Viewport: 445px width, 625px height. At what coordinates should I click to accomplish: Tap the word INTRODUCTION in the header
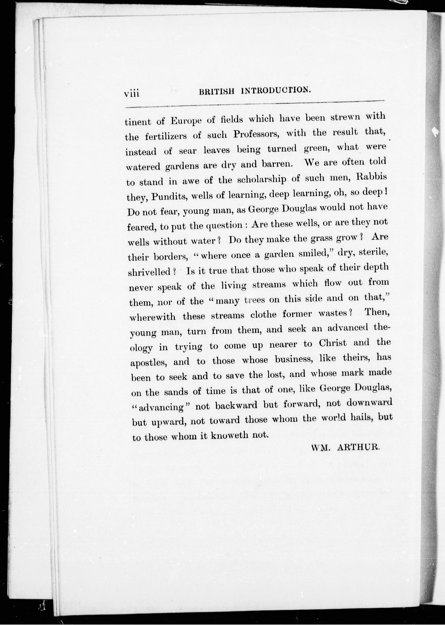pyautogui.click(x=276, y=90)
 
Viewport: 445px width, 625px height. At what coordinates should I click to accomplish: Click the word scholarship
pyautogui.click(x=261, y=179)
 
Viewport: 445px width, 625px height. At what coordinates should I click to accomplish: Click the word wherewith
pyautogui.click(x=152, y=317)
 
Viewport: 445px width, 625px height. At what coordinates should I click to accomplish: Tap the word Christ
pyautogui.click(x=333, y=343)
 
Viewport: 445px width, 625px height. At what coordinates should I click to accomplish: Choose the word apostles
pyautogui.click(x=148, y=362)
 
